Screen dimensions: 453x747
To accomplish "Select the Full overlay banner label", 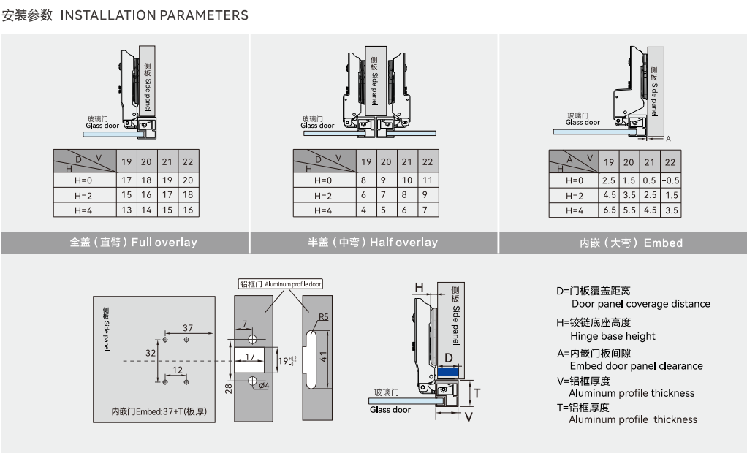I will point(134,243).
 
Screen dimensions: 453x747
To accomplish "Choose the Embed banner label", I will point(631,243).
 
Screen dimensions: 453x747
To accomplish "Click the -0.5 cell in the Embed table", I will point(670,180).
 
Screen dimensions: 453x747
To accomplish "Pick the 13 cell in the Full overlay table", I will point(126,210).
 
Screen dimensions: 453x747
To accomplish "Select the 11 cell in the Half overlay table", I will point(428,180).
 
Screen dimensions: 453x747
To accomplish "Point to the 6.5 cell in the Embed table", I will point(608,210).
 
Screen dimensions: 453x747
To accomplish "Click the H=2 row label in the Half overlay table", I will point(323,195).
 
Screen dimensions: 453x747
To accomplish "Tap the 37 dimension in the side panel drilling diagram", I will point(188,327).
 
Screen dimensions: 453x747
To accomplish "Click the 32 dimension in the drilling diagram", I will point(151,352).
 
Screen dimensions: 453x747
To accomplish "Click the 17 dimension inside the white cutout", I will point(251,357).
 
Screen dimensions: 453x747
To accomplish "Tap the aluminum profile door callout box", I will point(281,283).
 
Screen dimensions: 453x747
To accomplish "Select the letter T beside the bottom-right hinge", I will point(477,392).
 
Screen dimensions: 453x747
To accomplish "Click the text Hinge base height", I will point(613,336).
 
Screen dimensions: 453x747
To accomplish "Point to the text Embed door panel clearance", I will point(636,365).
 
